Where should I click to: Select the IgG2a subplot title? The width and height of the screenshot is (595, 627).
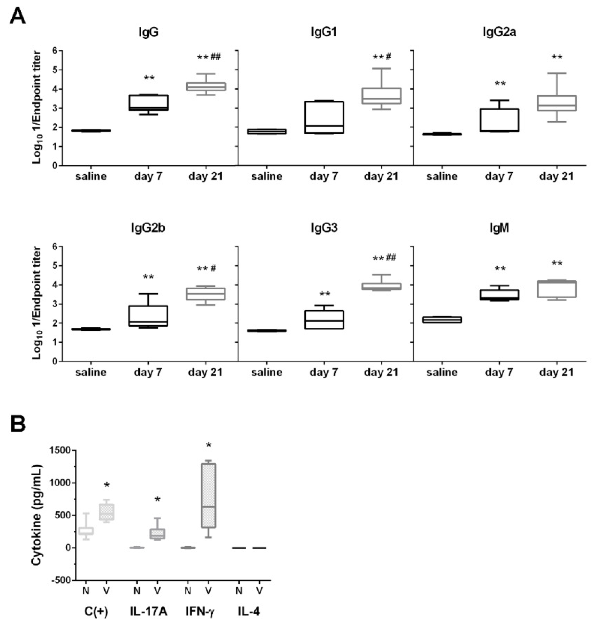click(x=499, y=32)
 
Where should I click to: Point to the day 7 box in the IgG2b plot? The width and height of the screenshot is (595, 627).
click(x=148, y=316)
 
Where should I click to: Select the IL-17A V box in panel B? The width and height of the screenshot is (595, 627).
click(x=157, y=533)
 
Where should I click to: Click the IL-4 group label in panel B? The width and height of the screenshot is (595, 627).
click(x=249, y=611)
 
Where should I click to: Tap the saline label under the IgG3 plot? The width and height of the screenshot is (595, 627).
click(x=266, y=372)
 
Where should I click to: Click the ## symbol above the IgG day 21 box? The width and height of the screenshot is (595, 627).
click(x=215, y=57)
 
